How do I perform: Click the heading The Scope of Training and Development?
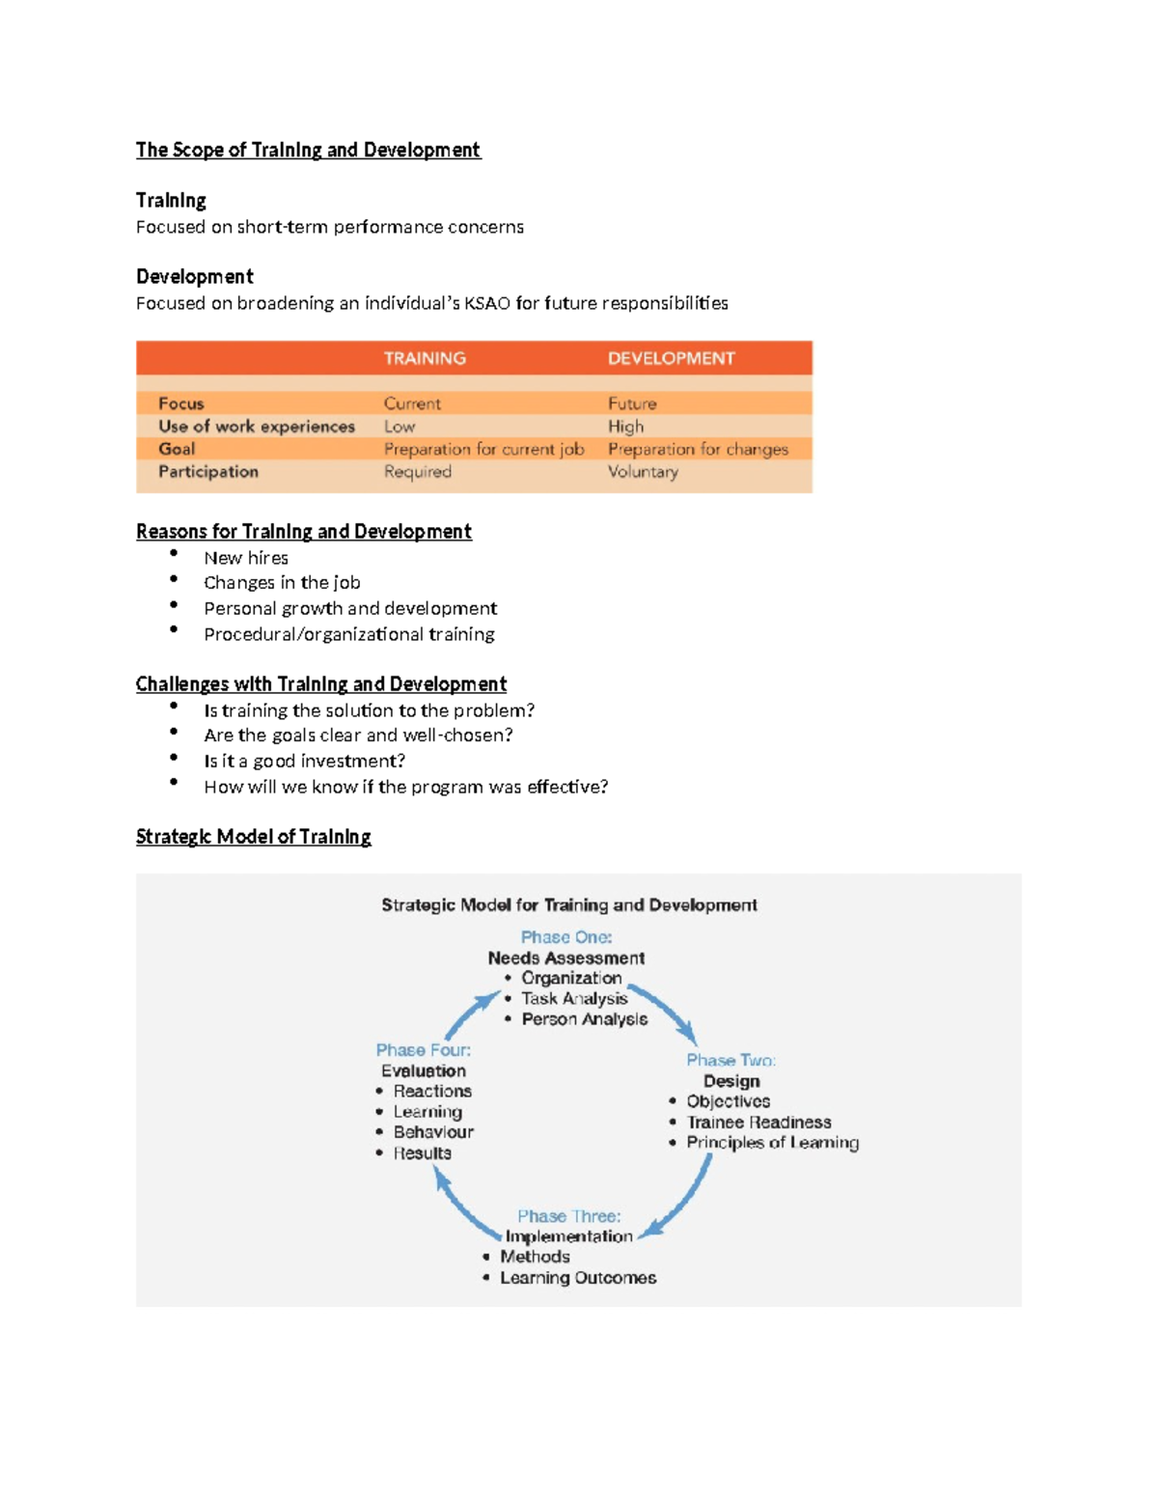308,150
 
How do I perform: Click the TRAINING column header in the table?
425,358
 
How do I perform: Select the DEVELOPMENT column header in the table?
671,358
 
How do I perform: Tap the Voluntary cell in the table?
643,472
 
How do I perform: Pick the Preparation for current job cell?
483,449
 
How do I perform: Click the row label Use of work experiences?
257,427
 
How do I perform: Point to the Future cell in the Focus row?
632,403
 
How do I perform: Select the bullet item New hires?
246,558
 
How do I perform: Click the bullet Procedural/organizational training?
348,634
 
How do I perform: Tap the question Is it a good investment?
304,762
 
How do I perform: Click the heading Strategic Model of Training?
253,837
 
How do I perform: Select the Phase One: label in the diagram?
566,937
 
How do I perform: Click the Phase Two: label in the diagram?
731,1060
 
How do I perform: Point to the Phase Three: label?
568,1216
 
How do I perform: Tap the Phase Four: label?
424,1050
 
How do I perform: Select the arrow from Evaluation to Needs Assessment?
469,1015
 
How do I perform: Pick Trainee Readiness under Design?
758,1123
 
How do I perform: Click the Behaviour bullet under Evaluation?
433,1132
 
